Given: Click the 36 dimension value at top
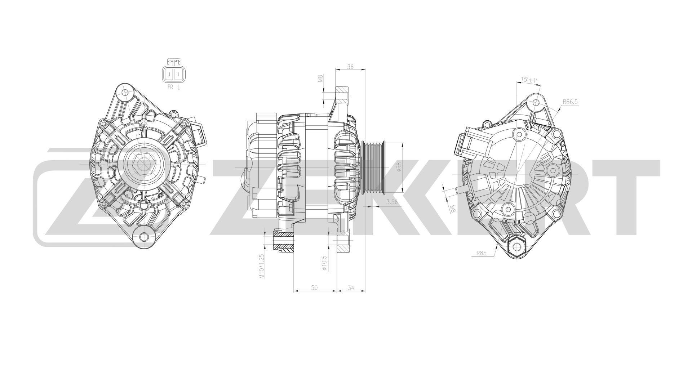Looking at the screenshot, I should (350, 67).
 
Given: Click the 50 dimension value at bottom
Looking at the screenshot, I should (314, 287).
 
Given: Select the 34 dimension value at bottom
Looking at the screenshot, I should (351, 287).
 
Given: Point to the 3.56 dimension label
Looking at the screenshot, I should (391, 202).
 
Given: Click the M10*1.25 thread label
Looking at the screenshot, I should (262, 266).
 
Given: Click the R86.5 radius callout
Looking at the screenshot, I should (570, 102).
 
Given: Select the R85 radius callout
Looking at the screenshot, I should (481, 253).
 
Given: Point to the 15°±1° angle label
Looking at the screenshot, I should (529, 80).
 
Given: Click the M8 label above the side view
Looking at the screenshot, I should (320, 79).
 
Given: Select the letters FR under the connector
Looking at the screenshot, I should (170, 87).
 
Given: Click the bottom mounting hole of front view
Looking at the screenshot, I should (144, 237).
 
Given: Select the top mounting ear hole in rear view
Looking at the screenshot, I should (536, 102).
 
